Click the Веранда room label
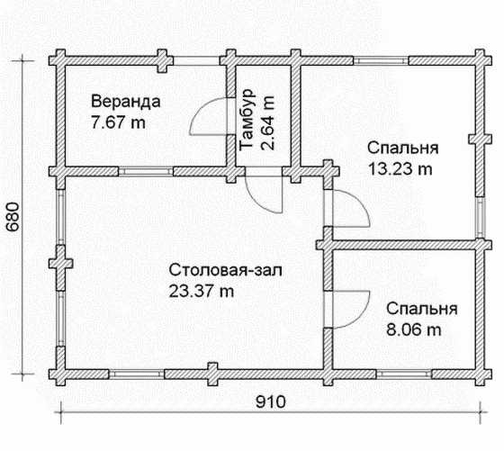(x=126, y=102)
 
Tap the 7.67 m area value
(x=118, y=122)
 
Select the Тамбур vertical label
(x=247, y=120)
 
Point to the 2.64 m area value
(x=267, y=122)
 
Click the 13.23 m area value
(x=400, y=168)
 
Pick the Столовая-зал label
(x=226, y=270)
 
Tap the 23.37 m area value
(x=202, y=292)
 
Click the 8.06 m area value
(x=413, y=329)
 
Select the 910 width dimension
(x=271, y=401)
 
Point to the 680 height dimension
(x=13, y=217)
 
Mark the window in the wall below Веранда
(x=146, y=171)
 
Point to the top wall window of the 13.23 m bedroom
(x=382, y=60)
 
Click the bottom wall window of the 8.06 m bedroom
(x=404, y=374)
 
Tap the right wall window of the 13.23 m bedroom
(x=481, y=217)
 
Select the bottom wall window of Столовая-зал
(x=137, y=374)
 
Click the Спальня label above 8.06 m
(x=422, y=309)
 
